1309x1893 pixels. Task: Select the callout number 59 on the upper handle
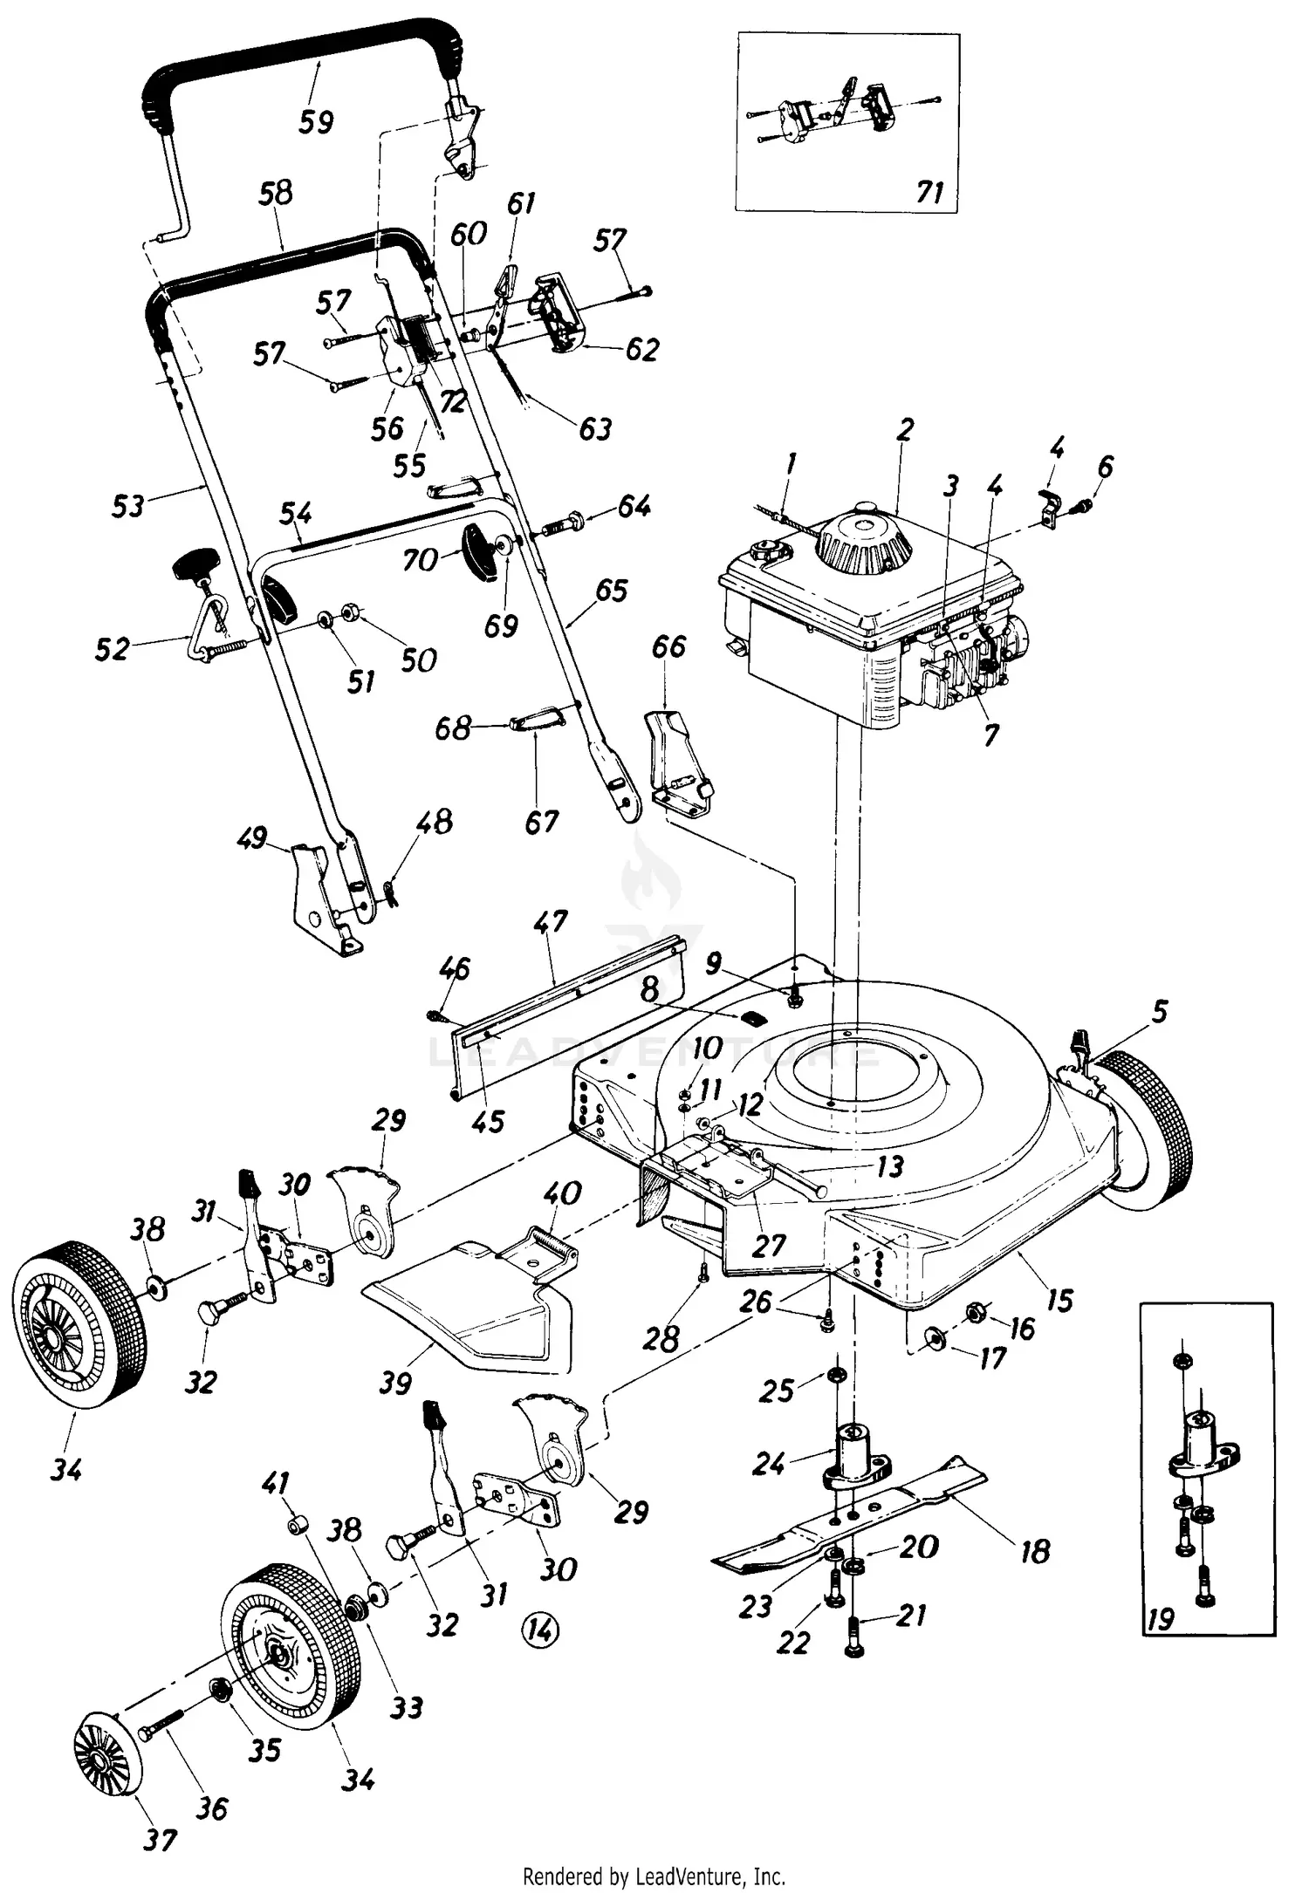click(316, 120)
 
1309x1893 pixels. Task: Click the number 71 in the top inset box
click(930, 191)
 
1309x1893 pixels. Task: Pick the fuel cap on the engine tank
click(765, 552)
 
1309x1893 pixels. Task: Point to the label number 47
click(550, 922)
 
